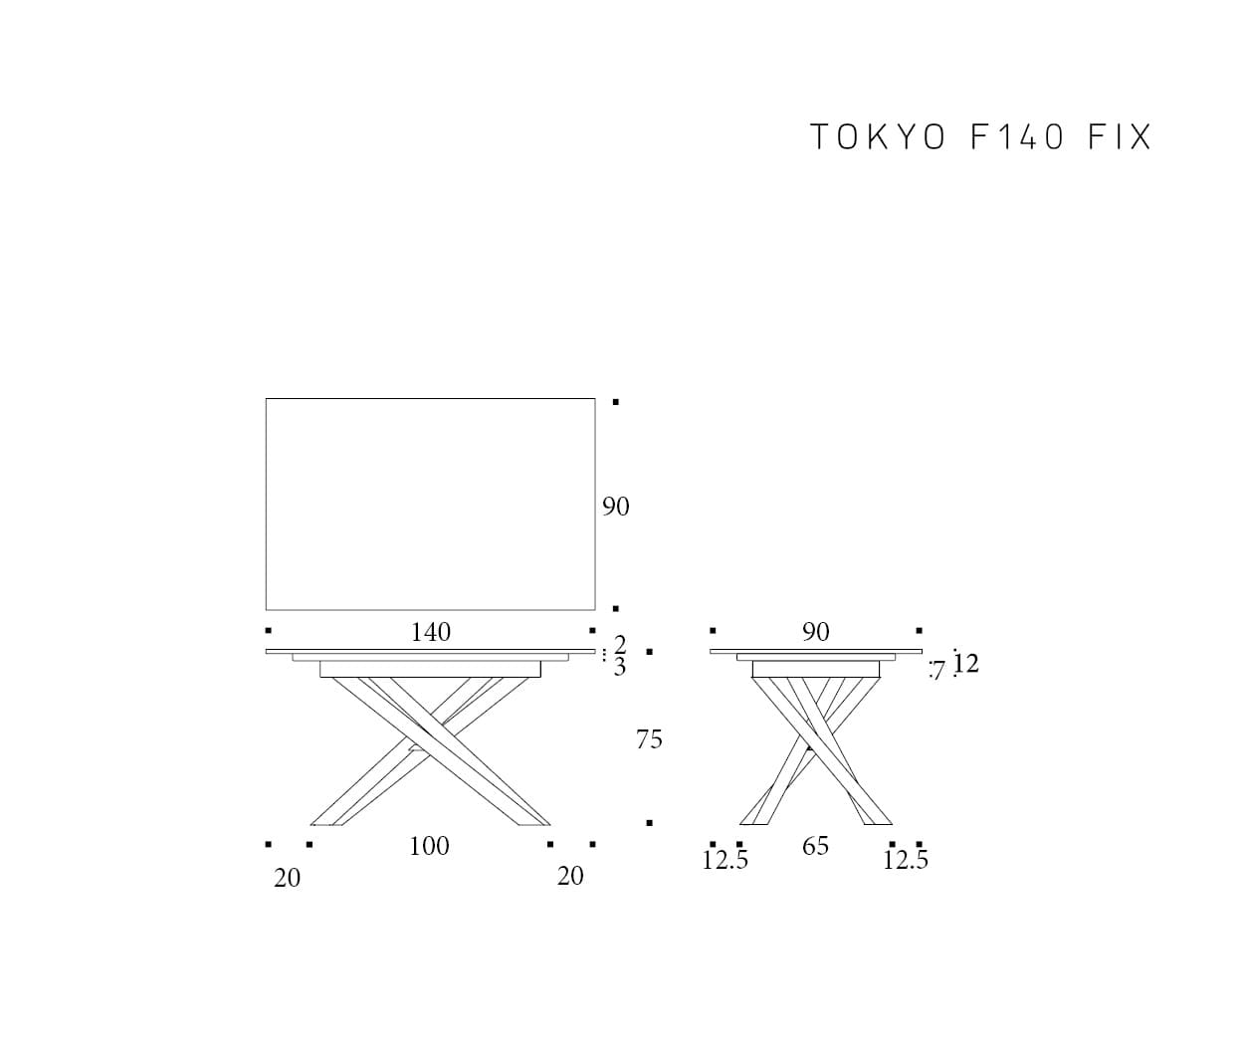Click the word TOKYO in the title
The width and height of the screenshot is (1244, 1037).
[878, 136]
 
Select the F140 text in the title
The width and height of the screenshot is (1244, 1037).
[1016, 136]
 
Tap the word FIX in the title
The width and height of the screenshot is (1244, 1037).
[1120, 136]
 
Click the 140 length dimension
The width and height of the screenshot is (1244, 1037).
[431, 632]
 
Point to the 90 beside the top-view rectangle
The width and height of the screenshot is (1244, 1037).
[615, 507]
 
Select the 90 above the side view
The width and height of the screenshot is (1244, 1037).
[816, 632]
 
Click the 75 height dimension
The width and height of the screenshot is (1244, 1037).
[649, 739]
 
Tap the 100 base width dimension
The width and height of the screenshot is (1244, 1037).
[429, 846]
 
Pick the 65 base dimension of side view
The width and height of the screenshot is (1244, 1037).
[815, 846]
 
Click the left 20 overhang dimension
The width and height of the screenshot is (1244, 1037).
[288, 879]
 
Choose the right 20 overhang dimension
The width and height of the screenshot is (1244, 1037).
[570, 876]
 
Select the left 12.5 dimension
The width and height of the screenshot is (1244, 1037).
[726, 860]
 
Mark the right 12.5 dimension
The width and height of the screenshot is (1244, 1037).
[906, 860]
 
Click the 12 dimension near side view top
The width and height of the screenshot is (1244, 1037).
[966, 664]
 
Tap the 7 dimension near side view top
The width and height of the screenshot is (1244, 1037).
[938, 671]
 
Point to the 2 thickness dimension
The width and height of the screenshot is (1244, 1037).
[620, 644]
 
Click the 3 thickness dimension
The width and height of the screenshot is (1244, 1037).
[620, 668]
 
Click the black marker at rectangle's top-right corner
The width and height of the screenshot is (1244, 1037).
[616, 402]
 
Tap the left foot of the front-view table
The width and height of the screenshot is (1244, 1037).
[327, 825]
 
